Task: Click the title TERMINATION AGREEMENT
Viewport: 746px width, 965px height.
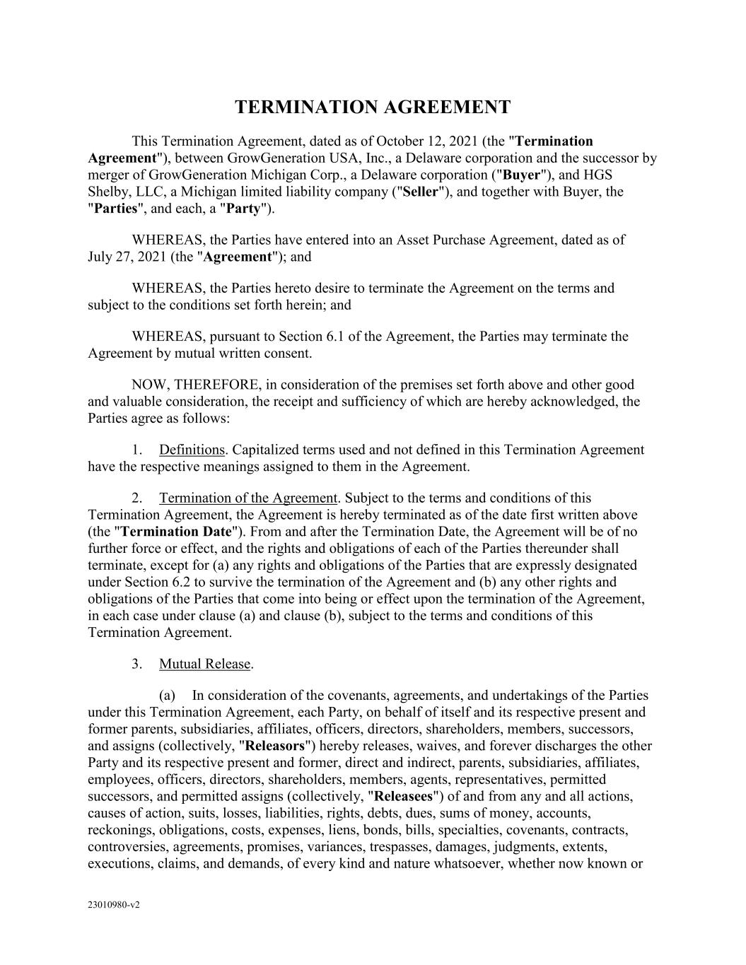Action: (x=372, y=107)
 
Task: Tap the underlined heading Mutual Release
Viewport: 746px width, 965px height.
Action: (x=205, y=664)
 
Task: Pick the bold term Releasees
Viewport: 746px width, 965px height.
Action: (x=402, y=797)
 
